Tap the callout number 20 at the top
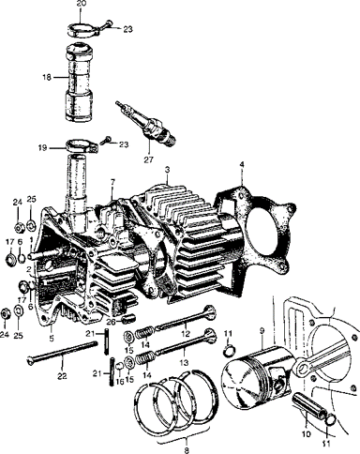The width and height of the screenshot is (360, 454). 81,4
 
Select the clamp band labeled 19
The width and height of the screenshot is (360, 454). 82,147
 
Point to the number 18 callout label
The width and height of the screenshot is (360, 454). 47,77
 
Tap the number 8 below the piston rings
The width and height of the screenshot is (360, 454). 187,450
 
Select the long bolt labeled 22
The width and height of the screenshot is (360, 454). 62,352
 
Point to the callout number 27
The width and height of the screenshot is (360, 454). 149,159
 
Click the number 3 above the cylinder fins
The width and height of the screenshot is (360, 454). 167,170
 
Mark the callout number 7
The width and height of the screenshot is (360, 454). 112,182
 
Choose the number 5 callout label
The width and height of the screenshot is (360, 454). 52,338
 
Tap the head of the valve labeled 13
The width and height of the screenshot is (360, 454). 210,336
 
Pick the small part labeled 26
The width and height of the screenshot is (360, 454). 128,319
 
